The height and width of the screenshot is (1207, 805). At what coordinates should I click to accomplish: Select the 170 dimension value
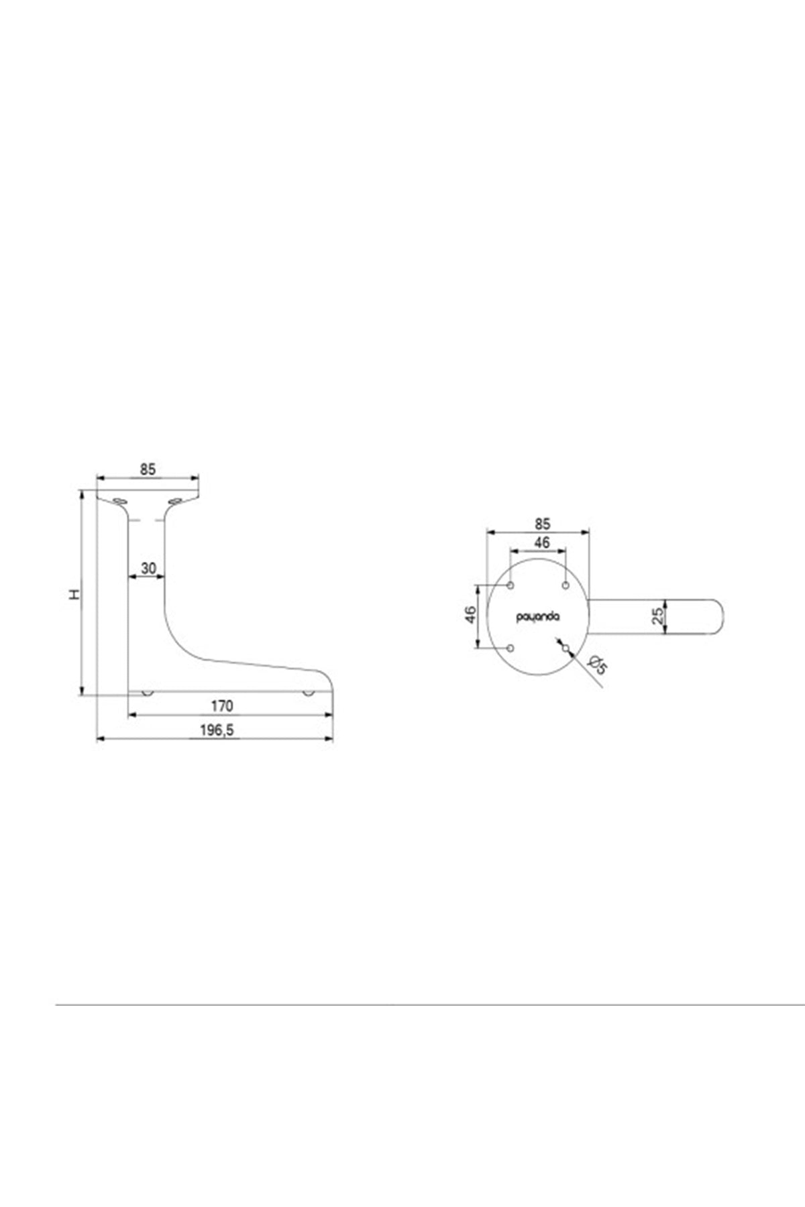(x=222, y=706)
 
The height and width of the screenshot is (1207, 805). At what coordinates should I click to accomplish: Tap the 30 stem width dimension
(x=148, y=569)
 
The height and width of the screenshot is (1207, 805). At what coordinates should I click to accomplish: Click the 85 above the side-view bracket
(x=148, y=469)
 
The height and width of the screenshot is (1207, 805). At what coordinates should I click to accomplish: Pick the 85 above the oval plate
(x=543, y=523)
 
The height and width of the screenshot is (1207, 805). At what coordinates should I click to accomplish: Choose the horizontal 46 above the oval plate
(x=541, y=542)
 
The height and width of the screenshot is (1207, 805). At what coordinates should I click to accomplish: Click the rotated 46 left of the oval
(x=470, y=614)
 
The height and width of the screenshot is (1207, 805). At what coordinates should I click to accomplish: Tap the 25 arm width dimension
(x=659, y=616)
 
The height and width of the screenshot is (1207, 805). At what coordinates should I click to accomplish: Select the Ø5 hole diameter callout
(x=597, y=665)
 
